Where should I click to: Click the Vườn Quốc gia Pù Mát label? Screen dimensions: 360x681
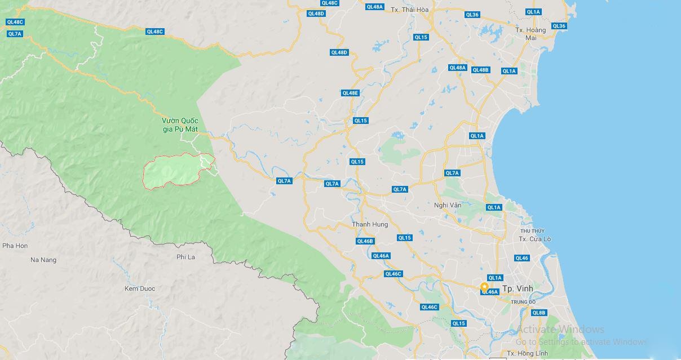(180, 125)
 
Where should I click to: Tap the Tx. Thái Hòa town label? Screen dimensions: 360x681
(410, 10)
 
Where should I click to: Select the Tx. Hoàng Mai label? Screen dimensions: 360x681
(530, 34)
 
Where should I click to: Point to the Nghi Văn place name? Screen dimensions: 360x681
(448, 205)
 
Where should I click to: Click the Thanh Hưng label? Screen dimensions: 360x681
(370, 224)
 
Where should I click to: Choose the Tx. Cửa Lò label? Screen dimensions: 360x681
(534, 239)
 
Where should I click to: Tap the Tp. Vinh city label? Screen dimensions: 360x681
(517, 288)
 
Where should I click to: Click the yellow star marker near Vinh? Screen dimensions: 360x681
(484, 287)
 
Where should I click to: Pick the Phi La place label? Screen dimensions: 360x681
(185, 257)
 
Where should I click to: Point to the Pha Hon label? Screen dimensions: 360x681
(15, 246)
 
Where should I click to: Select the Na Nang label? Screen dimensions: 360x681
(43, 260)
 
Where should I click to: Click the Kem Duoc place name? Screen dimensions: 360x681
(140, 288)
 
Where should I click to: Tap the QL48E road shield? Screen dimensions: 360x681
(350, 93)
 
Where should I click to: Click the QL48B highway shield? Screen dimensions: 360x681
(480, 70)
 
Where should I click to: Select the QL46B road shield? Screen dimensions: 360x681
(365, 241)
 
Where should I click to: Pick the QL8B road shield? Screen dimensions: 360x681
(539, 313)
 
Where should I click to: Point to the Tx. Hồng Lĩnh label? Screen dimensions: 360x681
(527, 353)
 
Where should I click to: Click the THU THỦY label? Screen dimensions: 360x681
(532, 231)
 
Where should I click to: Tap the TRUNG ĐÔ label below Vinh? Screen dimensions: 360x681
(523, 302)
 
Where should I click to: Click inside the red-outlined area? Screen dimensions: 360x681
(172, 171)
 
